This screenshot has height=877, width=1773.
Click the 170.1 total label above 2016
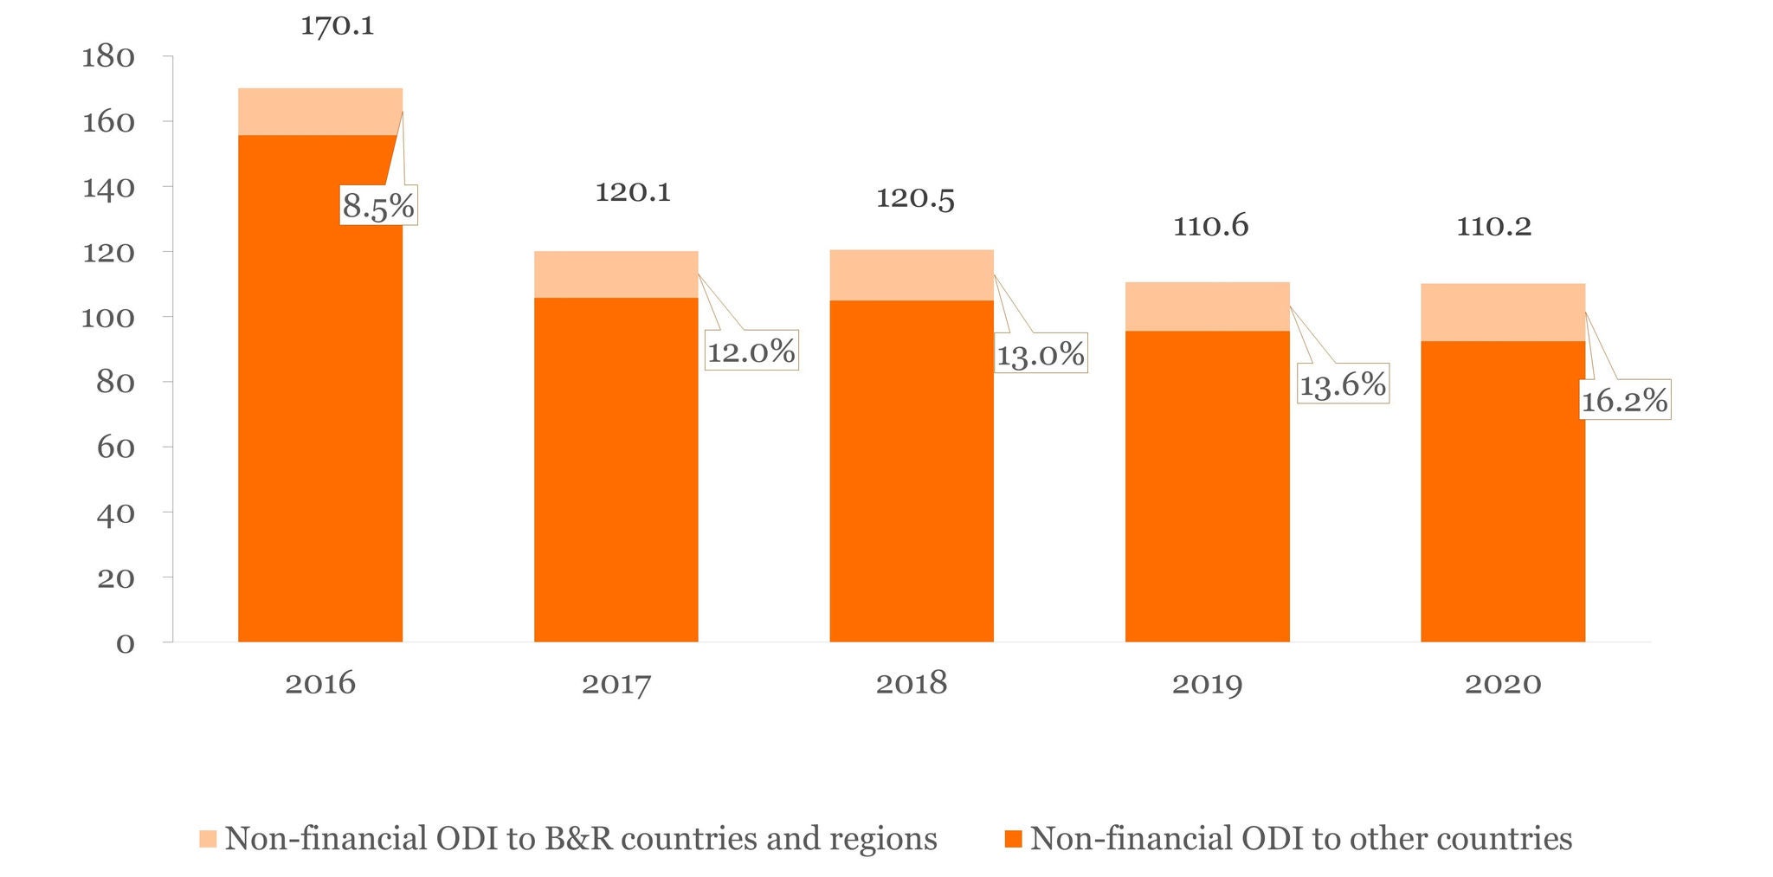pos(337,26)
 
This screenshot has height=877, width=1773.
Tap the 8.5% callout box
pos(378,206)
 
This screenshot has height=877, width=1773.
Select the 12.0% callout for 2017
pos(751,351)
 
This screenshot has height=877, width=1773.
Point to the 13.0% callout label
pos(1040,354)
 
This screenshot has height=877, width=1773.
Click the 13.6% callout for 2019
pos(1343,384)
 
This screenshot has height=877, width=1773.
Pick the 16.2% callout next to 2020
pos(1624,400)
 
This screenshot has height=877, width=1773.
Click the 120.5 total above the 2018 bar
pos(915,198)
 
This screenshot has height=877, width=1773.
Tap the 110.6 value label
pos(1210,226)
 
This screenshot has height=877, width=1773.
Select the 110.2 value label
pos(1493,226)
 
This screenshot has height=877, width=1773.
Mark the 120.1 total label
pos(633,192)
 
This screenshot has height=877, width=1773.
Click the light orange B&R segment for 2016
pos(319,112)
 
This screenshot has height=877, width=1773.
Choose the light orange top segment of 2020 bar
pos(1502,313)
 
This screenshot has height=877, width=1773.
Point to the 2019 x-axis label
pos(1207,684)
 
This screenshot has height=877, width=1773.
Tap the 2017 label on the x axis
pos(616,684)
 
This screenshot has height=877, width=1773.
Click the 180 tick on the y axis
pos(108,57)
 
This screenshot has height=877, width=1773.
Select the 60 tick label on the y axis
pos(116,448)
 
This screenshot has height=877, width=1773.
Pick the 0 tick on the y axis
pos(126,643)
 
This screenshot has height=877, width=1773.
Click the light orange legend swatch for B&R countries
pos(208,839)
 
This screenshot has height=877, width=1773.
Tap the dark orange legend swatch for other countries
pos(1013,839)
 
